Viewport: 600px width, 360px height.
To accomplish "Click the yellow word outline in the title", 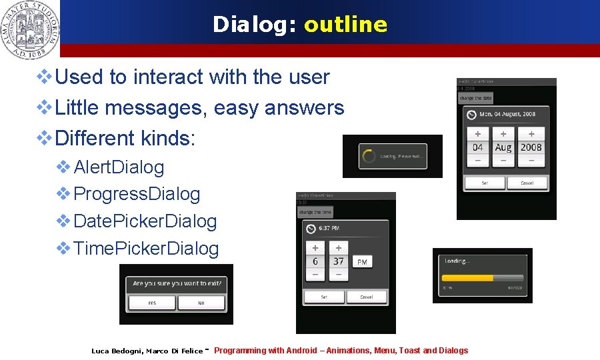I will (x=345, y=25).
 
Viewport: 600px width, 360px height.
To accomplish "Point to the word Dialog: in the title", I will (x=255, y=25).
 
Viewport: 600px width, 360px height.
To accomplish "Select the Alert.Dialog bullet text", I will (x=119, y=167).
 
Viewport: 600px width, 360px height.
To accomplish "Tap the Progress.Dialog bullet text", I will (x=137, y=194).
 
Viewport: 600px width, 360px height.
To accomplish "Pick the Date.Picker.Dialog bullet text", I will (x=145, y=221).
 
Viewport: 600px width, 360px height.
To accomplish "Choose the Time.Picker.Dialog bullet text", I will (x=146, y=249).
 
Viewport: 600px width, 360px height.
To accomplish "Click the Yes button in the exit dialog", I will (x=152, y=303).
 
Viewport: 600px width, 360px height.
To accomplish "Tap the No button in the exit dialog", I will (x=201, y=303).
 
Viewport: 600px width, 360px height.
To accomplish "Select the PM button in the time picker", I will (x=362, y=262).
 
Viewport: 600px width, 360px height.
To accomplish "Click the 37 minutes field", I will (x=339, y=261).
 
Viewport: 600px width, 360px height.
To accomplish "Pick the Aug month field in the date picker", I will (x=503, y=147).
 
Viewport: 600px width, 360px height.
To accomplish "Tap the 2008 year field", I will (x=531, y=147).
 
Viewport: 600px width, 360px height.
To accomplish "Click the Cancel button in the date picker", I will (x=527, y=183).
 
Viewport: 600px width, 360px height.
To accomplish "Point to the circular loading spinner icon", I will (x=367, y=157).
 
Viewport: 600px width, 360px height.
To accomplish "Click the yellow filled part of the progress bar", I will (x=467, y=277).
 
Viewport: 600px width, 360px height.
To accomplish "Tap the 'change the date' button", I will (x=475, y=98).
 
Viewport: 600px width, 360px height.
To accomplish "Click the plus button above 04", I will (x=477, y=133).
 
